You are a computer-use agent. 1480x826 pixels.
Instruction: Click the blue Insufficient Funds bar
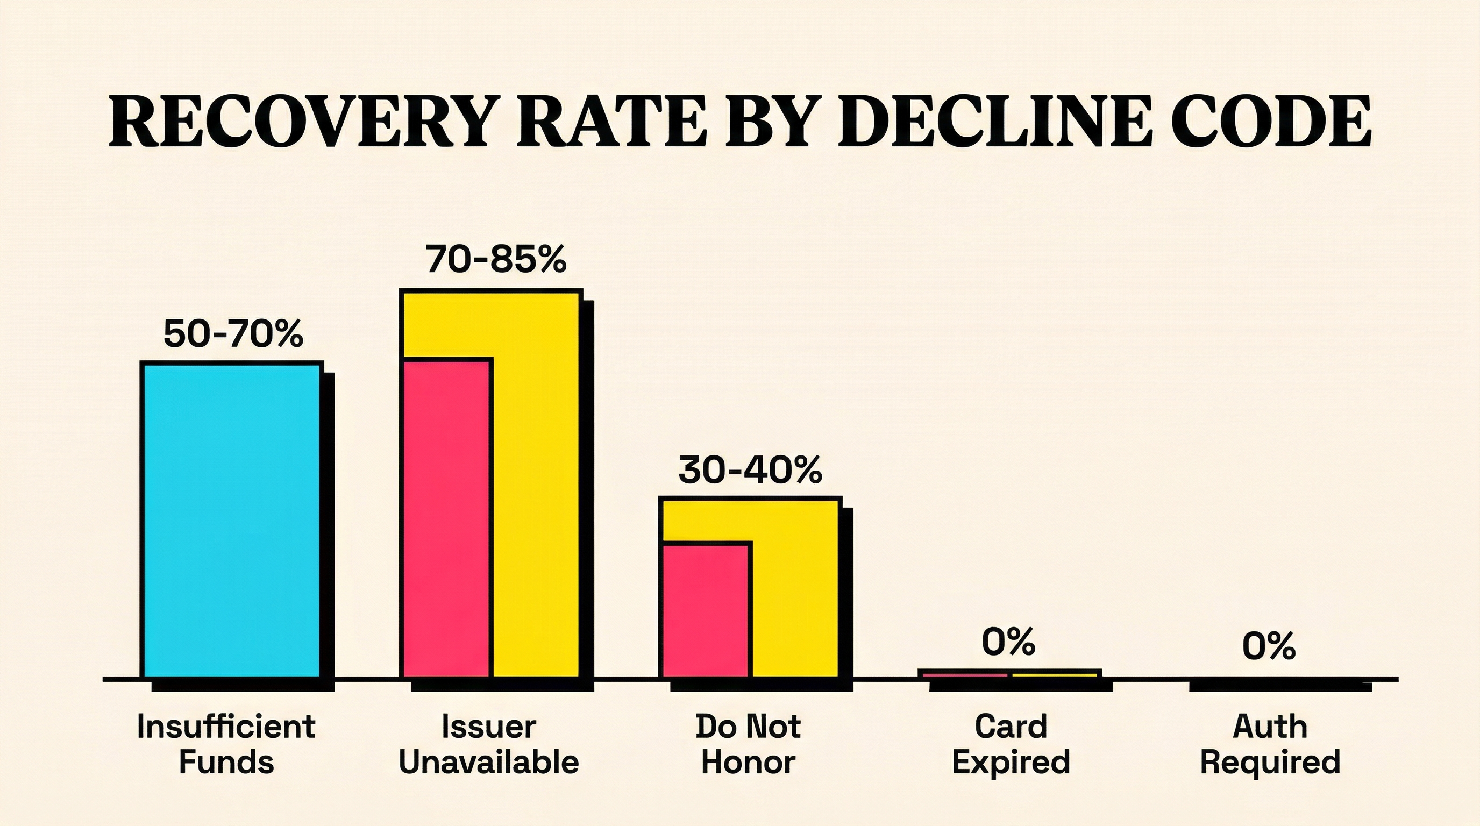[232, 520]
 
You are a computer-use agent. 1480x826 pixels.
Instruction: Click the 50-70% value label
[233, 334]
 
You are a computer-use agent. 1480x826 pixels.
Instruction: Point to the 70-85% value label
[496, 259]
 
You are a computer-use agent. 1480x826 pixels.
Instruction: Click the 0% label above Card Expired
[1008, 642]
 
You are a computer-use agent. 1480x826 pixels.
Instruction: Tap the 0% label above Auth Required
[1269, 646]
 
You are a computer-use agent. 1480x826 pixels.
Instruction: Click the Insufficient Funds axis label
[226, 744]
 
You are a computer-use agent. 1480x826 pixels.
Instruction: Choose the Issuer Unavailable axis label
[488, 744]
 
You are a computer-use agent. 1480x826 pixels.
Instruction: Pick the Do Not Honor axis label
[748, 744]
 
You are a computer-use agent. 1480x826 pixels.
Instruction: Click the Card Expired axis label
[1011, 744]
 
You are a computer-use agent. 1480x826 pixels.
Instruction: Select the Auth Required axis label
[1270, 744]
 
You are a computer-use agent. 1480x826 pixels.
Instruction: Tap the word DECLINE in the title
[995, 120]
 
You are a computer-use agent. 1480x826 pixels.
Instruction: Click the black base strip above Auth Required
[1279, 684]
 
